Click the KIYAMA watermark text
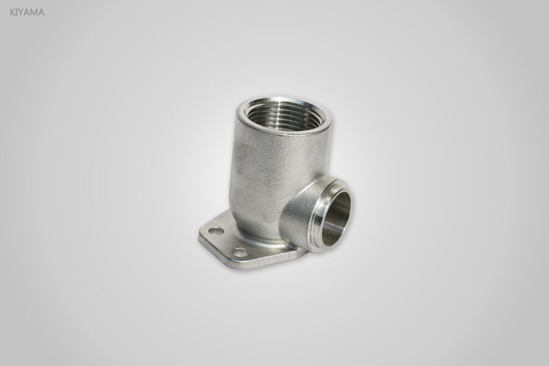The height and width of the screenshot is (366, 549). [x=27, y=11]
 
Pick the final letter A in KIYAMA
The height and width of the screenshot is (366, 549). [x=41, y=11]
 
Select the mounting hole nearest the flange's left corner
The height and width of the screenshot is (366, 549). [x=215, y=231]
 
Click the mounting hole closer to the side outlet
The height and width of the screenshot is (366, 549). [x=242, y=252]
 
